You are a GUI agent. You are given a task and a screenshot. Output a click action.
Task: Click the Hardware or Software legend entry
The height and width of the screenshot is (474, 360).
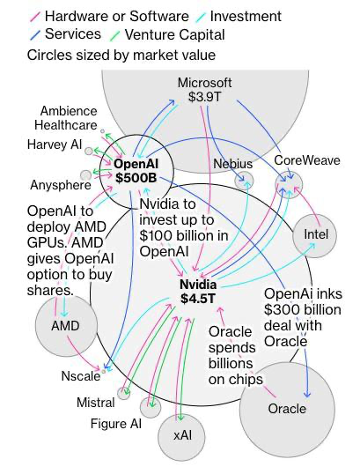pyautogui.click(x=109, y=17)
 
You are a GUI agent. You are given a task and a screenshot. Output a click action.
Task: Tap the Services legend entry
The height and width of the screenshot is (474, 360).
pyautogui.click(x=64, y=33)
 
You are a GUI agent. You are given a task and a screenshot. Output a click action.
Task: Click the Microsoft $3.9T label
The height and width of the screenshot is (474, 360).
pyautogui.click(x=204, y=90)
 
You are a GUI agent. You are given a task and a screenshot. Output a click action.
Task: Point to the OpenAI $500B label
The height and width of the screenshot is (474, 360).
pyautogui.click(x=136, y=171)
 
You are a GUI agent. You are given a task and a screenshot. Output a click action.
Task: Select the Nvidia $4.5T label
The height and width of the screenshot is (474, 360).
pyautogui.click(x=198, y=291)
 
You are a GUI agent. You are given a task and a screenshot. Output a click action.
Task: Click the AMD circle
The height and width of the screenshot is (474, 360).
pyautogui.click(x=66, y=325)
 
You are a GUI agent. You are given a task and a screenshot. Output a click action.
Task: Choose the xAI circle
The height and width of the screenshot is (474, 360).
pyautogui.click(x=181, y=437)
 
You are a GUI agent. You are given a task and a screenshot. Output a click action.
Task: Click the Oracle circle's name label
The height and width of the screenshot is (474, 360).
pyautogui.click(x=287, y=409)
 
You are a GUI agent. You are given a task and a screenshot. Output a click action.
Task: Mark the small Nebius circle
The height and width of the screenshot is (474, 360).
pyautogui.click(x=244, y=181)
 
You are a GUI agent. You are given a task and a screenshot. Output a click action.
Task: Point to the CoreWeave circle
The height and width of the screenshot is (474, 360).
pyautogui.click(x=289, y=184)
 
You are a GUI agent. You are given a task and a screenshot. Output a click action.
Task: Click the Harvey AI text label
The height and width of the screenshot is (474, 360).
pyautogui.click(x=55, y=144)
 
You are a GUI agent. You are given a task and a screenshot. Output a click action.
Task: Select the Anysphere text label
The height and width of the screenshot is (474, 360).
pyautogui.click(x=61, y=185)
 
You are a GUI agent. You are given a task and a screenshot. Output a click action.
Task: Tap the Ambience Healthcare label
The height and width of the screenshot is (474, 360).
pyautogui.click(x=66, y=118)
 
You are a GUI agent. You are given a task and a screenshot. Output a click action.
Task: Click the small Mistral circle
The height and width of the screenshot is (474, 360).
pyautogui.click(x=123, y=393)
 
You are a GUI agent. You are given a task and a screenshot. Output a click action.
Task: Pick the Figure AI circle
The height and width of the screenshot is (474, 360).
pyautogui.click(x=151, y=407)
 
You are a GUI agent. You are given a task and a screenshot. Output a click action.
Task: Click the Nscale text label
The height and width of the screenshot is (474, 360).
pyautogui.click(x=81, y=376)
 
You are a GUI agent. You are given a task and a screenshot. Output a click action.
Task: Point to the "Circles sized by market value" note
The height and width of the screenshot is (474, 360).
pyautogui.click(x=121, y=56)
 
